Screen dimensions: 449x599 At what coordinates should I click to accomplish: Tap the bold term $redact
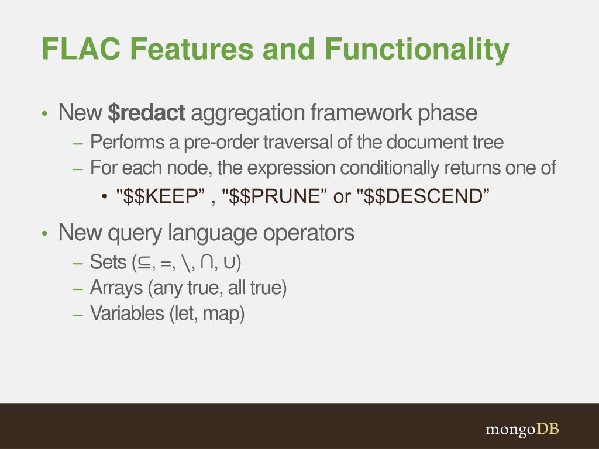tap(146, 113)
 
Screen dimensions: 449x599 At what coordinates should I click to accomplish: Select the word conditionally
tap(388, 168)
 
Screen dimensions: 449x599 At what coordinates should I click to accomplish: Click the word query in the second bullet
tap(136, 233)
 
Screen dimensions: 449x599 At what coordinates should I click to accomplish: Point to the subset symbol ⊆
tap(143, 264)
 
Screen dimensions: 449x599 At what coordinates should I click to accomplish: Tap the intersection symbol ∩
tap(206, 263)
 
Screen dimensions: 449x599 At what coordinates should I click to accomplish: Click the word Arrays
tap(116, 288)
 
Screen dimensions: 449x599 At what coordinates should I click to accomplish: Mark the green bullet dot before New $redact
tap(45, 114)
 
